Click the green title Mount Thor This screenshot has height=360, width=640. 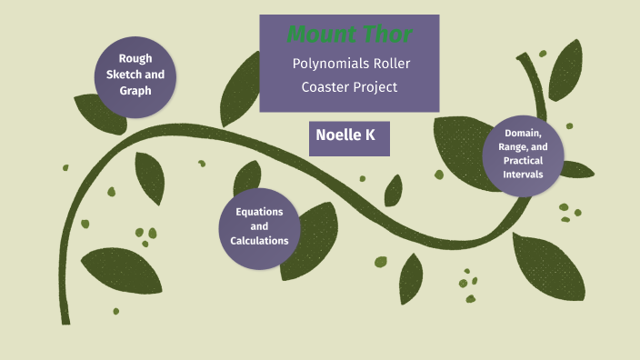(350, 35)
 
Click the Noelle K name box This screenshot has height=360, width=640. (349, 135)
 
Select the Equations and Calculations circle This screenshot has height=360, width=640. (259, 227)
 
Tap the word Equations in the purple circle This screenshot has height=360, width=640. (259, 212)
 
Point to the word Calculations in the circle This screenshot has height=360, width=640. (259, 241)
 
